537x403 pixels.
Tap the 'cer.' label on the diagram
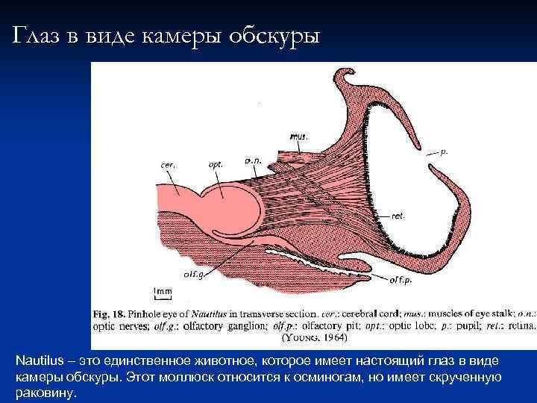[168, 164]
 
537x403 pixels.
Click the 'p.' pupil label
[445, 151]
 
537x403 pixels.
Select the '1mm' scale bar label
[162, 291]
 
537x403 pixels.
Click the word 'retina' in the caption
[518, 325]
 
